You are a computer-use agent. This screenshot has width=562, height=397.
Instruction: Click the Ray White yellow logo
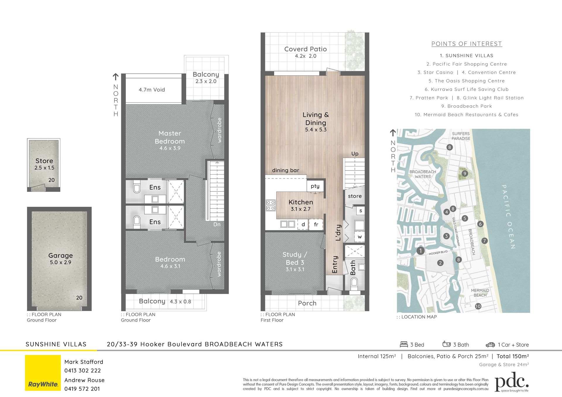43,373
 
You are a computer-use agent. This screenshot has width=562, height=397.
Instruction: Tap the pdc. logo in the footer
512,382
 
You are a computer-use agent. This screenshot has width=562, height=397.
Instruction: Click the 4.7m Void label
152,90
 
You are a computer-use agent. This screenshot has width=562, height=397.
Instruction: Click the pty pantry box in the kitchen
315,186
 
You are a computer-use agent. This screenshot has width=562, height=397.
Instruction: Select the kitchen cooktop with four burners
271,205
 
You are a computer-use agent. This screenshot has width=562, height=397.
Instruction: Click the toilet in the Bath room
354,283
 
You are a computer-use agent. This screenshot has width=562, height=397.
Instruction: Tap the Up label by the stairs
355,154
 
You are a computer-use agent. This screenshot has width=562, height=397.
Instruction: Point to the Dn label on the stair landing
217,224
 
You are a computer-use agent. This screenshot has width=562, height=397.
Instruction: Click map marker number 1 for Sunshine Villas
421,251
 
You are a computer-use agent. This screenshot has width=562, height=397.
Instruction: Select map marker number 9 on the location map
465,173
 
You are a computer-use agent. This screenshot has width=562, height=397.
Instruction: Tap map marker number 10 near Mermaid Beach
478,306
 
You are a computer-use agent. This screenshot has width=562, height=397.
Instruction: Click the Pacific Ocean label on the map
508,217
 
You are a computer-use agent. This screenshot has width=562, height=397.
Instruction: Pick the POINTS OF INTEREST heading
467,44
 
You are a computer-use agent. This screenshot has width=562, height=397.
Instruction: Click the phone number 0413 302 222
83,371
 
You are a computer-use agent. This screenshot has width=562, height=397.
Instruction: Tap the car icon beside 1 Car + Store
490,345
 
